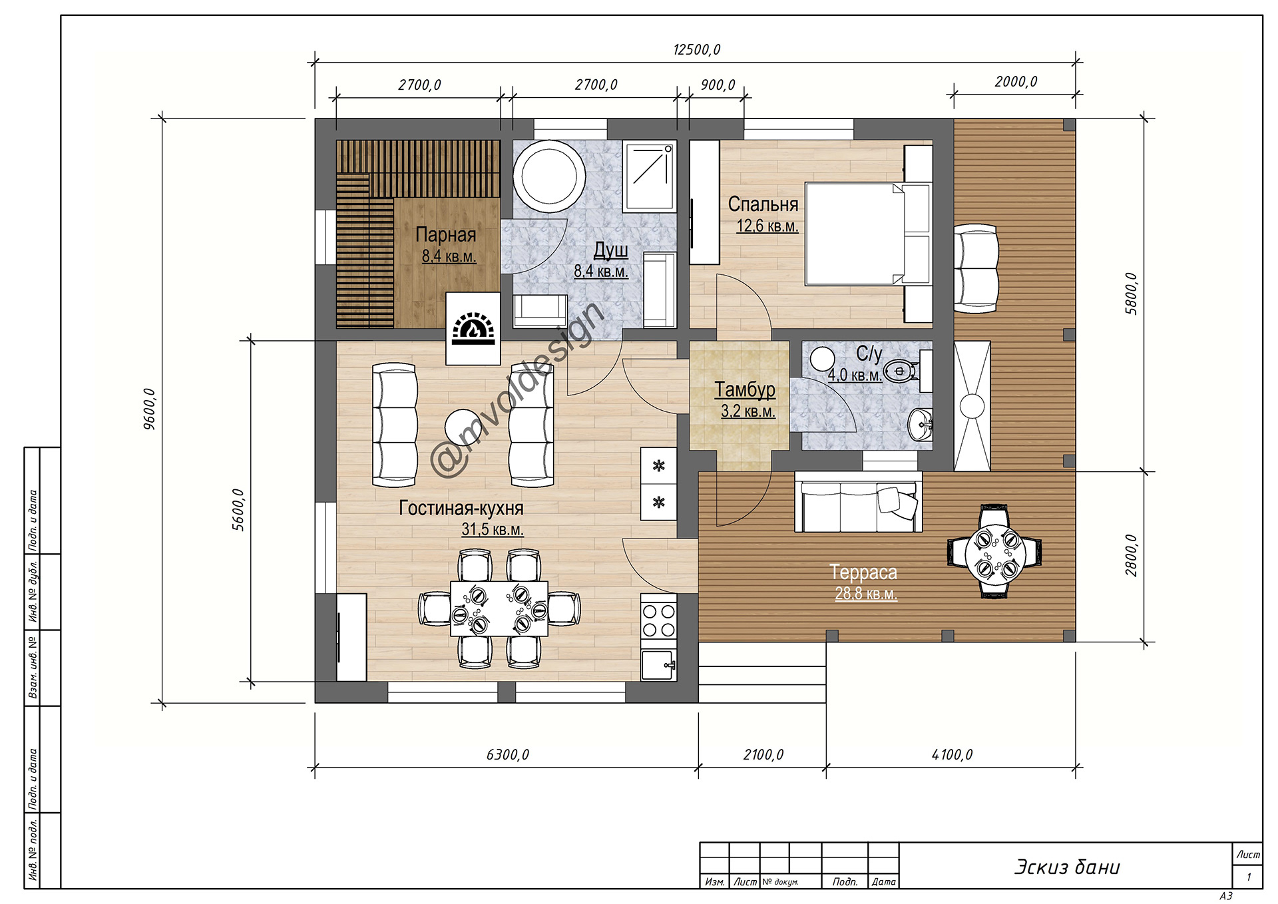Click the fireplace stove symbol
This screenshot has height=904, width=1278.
[473, 328]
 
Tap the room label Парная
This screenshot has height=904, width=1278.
[445, 234]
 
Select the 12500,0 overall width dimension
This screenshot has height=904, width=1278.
[696, 50]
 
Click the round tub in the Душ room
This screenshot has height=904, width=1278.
[549, 176]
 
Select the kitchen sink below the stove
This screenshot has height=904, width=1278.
[658, 665]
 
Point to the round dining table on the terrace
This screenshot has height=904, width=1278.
[994, 552]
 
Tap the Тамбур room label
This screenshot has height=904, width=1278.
[745, 389]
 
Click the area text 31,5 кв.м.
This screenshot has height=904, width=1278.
[493, 530]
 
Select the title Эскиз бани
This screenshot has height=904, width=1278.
[1067, 867]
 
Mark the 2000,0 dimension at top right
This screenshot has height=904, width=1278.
[1016, 82]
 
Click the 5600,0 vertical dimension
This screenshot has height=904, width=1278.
[238, 510]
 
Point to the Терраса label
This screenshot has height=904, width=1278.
[863, 572]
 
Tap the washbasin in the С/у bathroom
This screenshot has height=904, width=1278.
[921, 424]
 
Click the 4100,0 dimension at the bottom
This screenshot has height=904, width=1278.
[952, 755]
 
